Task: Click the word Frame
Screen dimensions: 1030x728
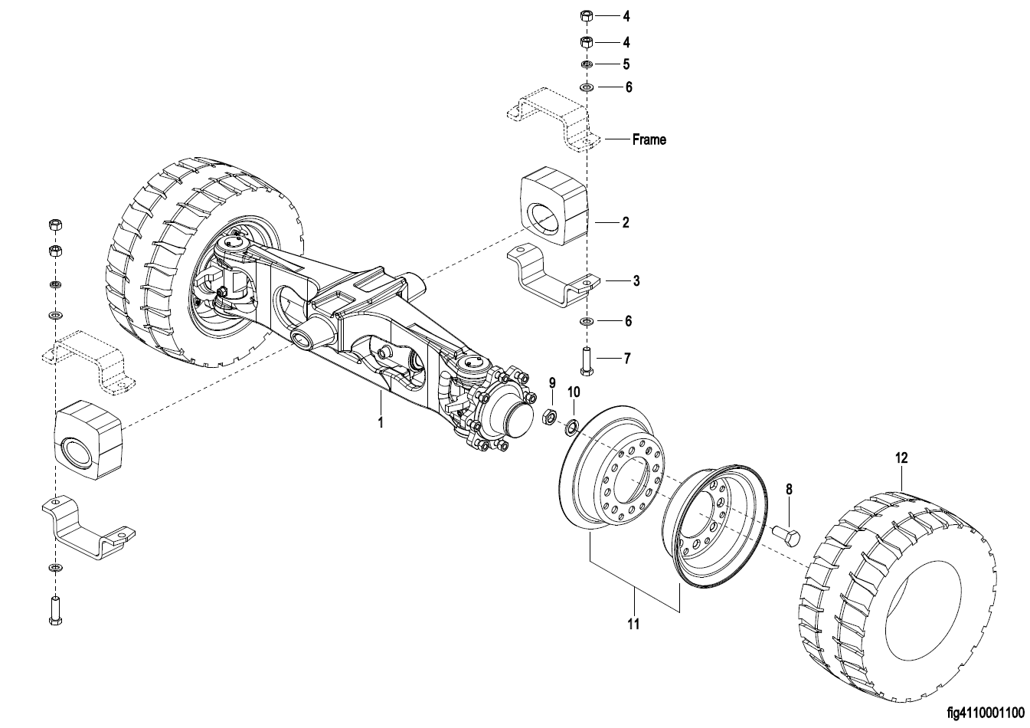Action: click(649, 139)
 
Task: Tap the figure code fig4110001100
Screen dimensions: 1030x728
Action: click(985, 713)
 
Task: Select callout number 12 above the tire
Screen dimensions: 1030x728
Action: click(901, 458)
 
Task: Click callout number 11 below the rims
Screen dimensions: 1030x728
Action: click(633, 624)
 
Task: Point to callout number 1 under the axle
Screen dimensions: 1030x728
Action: click(381, 422)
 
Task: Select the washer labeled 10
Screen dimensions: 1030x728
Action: click(571, 427)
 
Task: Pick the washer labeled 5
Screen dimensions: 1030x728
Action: click(587, 64)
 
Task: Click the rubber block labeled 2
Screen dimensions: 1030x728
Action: click(554, 206)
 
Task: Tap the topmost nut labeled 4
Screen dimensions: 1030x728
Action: click(587, 16)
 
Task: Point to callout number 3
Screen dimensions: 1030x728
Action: click(636, 280)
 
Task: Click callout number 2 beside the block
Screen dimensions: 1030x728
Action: click(626, 223)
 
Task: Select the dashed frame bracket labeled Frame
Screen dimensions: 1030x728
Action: click(554, 119)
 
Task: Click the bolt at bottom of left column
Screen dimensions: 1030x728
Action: click(55, 610)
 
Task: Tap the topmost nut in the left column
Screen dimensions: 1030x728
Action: click(55, 225)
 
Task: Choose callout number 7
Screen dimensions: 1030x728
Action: click(626, 359)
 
